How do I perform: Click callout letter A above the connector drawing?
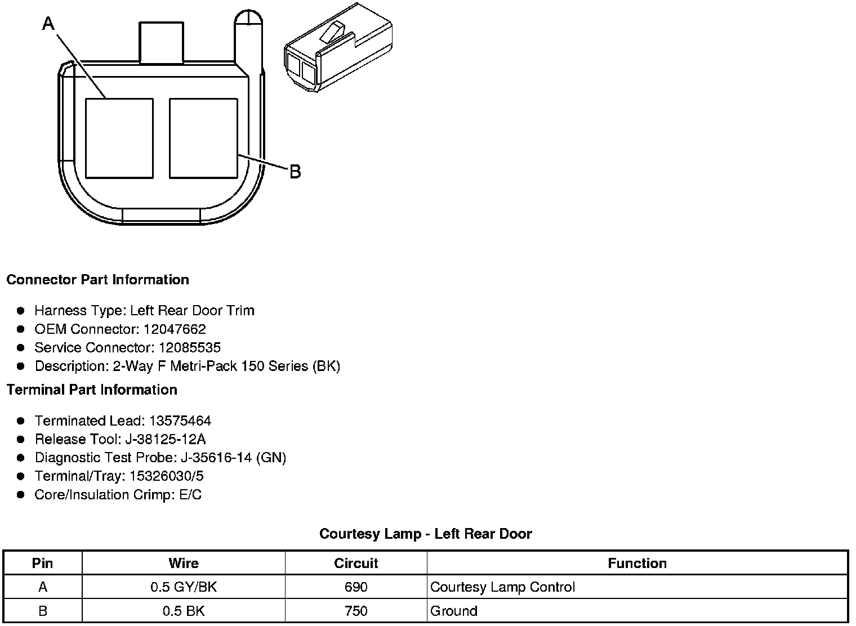click(48, 24)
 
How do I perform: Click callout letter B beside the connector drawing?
click(295, 172)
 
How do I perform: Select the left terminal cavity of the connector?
click(119, 138)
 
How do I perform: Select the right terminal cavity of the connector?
click(203, 138)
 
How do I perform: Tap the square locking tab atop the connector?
click(161, 42)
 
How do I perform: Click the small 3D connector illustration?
click(338, 47)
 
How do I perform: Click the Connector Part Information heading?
click(98, 280)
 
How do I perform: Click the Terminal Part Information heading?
click(92, 390)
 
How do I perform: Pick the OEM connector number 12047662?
click(175, 329)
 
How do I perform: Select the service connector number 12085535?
click(190, 347)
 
